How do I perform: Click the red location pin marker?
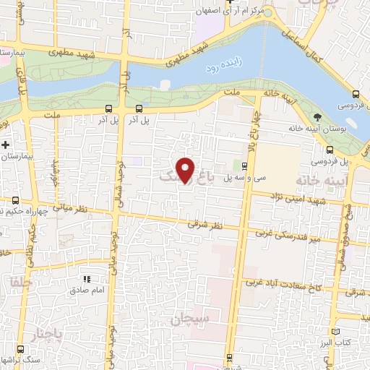186,171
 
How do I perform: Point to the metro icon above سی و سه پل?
244,166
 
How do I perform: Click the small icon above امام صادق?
85,279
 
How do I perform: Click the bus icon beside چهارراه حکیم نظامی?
16,200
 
